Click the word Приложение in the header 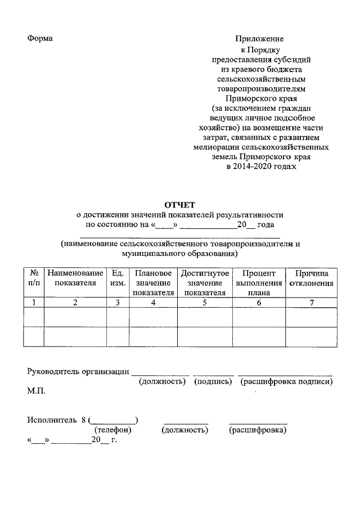coord(259,39)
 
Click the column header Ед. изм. coord(118,278)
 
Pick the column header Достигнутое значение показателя coord(205,282)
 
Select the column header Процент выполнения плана coord(259,282)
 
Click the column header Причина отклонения coord(312,278)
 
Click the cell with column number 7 coord(312,303)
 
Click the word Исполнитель coord(51,420)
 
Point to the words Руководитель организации coord(78,372)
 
